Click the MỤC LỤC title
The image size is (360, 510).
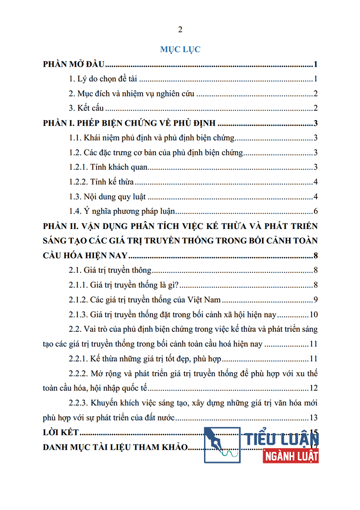click(x=180, y=49)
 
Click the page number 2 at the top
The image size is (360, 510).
click(x=180, y=30)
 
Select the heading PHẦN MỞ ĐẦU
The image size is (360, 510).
click(x=74, y=65)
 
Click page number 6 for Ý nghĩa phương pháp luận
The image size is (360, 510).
click(x=316, y=211)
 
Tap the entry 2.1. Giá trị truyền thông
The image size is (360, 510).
click(x=110, y=270)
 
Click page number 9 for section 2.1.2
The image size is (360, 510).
click(x=316, y=300)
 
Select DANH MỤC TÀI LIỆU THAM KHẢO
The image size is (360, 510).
click(x=115, y=447)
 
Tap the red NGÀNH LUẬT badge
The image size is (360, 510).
click(x=291, y=456)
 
